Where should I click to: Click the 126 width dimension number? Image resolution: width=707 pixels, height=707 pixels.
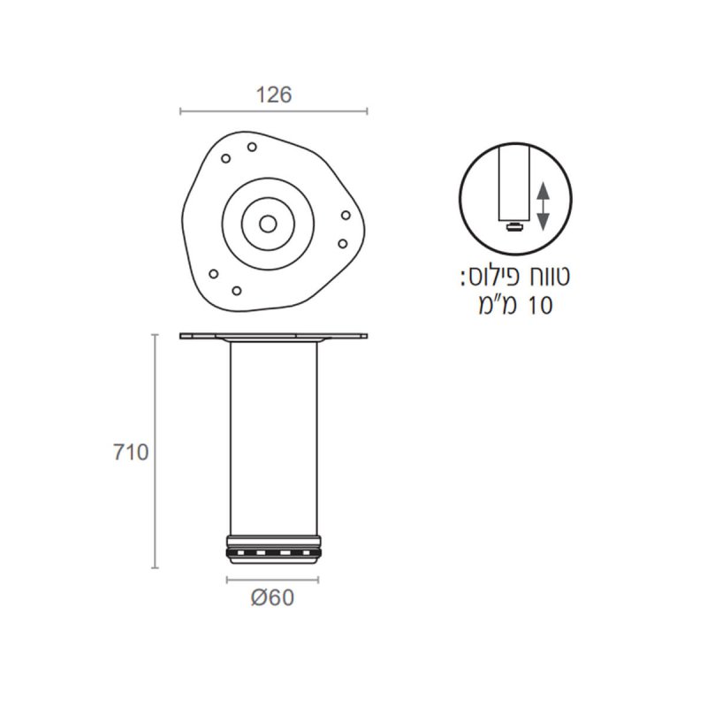coord(274,95)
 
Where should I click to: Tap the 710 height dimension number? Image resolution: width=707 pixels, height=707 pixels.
coord(131,452)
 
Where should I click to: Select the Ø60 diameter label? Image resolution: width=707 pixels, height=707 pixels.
coord(272,597)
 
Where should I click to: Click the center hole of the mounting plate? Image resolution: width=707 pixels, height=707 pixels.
coord(268,224)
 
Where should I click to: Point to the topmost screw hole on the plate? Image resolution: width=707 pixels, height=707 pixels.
coord(252,147)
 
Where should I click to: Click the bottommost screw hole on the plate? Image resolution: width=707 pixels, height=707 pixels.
coord(237,291)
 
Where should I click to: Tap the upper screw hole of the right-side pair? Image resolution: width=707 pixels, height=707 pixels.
coord(346,215)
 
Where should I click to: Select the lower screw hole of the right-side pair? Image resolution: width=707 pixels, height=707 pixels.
coord(343,244)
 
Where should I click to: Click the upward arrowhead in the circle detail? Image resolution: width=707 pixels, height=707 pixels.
coord(544,191)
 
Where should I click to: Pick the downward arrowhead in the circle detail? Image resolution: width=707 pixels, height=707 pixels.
coord(544,222)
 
